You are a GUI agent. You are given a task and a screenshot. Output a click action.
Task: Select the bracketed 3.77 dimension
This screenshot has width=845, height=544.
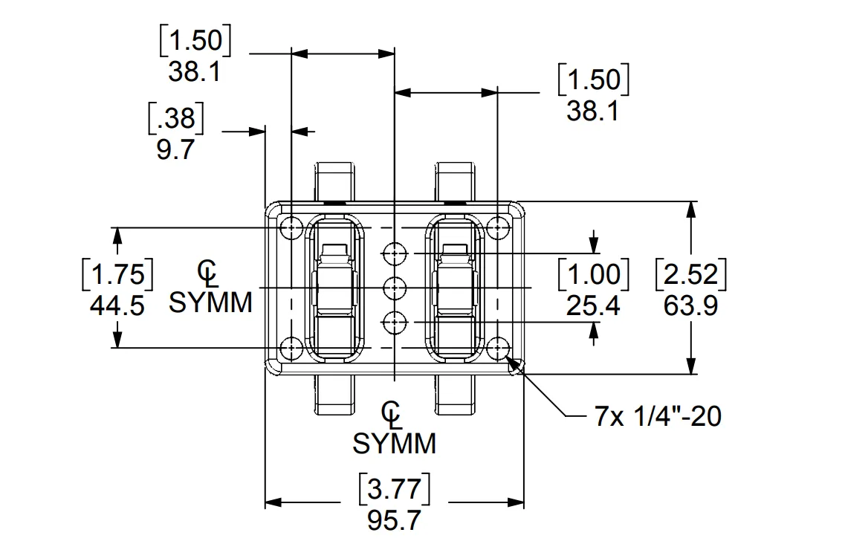(394, 490)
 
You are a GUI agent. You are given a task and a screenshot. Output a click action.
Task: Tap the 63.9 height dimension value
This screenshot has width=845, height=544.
(690, 305)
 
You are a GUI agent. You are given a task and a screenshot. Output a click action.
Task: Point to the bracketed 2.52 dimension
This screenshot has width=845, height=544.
(690, 275)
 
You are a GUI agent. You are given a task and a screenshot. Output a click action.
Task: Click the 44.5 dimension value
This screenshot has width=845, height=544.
(117, 305)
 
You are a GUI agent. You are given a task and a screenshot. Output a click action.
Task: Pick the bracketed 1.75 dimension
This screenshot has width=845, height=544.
(117, 275)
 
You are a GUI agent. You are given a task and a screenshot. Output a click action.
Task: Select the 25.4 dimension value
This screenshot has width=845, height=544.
(592, 305)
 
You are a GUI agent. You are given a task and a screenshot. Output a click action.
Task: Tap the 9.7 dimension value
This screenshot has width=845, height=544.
(175, 149)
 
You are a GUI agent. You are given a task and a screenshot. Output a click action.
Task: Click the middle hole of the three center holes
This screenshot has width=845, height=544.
(394, 287)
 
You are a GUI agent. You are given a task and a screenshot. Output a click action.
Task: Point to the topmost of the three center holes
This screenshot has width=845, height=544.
(394, 254)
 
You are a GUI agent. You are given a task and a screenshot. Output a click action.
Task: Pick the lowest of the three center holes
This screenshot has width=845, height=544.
(394, 322)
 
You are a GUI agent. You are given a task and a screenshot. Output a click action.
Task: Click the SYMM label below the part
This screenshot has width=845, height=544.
(394, 444)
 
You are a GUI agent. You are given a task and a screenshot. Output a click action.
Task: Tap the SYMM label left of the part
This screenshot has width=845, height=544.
(211, 302)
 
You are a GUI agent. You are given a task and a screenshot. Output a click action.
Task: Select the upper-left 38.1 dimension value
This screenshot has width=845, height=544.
(195, 71)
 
